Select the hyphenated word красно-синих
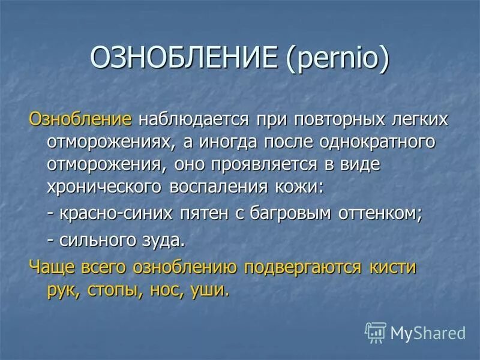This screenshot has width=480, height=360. tap(117, 215)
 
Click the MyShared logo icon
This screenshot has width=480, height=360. tap(375, 332)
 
